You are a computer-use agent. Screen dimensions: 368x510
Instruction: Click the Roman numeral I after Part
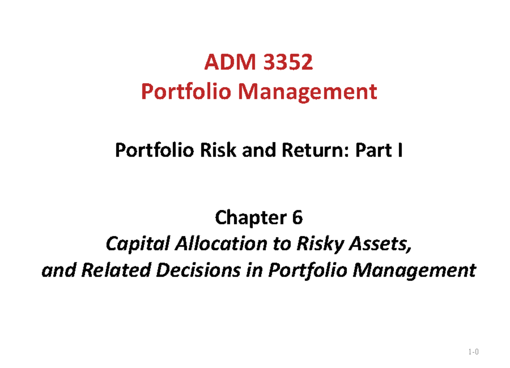399,152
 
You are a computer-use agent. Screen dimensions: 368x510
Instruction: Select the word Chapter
246,218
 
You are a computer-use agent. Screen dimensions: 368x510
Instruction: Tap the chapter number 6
297,218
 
